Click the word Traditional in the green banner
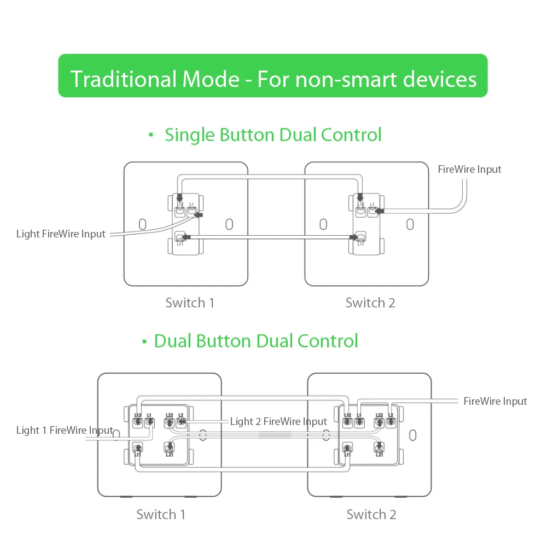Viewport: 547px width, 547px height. (124, 80)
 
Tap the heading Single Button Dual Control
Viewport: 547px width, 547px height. (273, 135)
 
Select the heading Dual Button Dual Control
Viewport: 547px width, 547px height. (256, 341)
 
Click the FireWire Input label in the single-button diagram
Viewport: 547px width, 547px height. (469, 170)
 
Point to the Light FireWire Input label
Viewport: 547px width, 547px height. (61, 234)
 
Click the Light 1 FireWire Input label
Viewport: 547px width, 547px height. (65, 430)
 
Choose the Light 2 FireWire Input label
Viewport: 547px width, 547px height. (278, 421)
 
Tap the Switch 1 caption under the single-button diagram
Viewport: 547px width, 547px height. (190, 302)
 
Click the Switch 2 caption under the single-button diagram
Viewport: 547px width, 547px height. (370, 302)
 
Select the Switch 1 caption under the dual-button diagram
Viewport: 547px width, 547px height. (161, 514)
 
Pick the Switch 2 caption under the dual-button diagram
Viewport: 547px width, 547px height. (371, 514)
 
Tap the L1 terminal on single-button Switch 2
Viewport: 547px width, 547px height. (373, 211)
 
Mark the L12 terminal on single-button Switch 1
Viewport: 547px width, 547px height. (179, 211)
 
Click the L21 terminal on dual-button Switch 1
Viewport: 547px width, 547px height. (170, 449)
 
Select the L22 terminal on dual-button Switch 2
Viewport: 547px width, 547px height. (379, 422)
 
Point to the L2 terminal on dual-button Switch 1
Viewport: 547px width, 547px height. (181, 422)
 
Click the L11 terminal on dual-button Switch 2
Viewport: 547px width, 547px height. (346, 449)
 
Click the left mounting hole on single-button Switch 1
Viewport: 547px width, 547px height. (142, 224)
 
